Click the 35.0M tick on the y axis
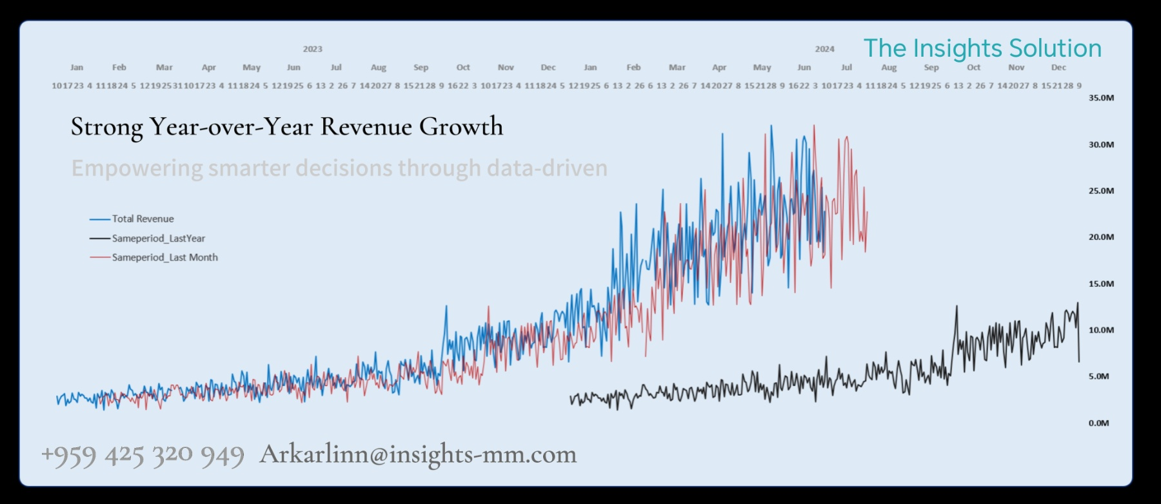(1101, 98)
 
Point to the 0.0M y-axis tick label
(1098, 423)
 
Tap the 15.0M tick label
(1101, 284)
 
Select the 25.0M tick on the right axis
(1101, 191)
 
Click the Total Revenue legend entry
(143, 219)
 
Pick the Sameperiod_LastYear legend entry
(158, 238)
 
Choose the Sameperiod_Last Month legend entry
(164, 257)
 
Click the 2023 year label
(313, 49)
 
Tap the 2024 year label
(824, 49)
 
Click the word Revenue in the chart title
(366, 126)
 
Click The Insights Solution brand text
(982, 48)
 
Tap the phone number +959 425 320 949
(143, 455)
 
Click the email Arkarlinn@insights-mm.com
(418, 454)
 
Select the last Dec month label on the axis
(1058, 67)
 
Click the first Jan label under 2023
(77, 67)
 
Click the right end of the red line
(867, 213)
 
